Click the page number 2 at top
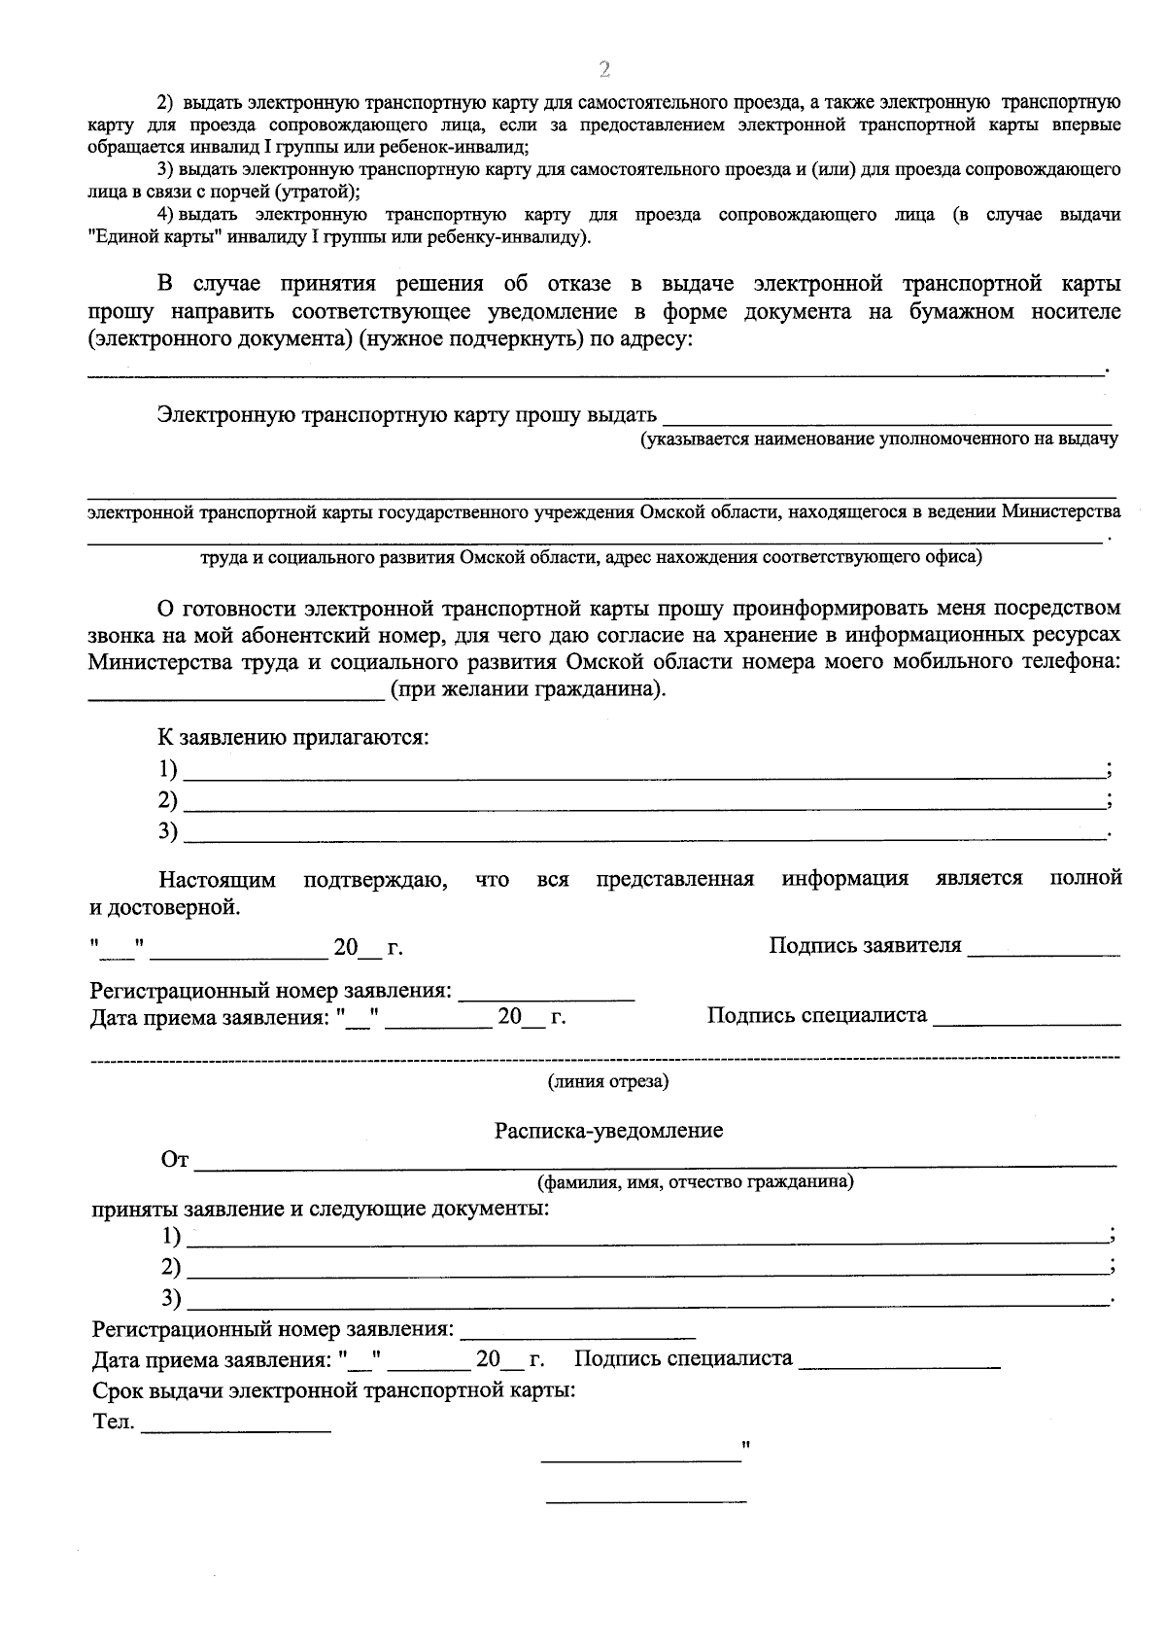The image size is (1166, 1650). [604, 68]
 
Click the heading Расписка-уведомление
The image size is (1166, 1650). [608, 1131]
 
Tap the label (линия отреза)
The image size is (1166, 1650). [608, 1081]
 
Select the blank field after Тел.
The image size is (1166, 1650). [236, 1426]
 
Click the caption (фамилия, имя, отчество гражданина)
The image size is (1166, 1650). [696, 1182]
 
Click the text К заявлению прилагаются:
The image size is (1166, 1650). [294, 736]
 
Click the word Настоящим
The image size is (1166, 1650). [218, 880]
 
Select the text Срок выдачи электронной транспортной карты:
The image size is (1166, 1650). [334, 1389]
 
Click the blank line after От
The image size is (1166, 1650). [656, 1160]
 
